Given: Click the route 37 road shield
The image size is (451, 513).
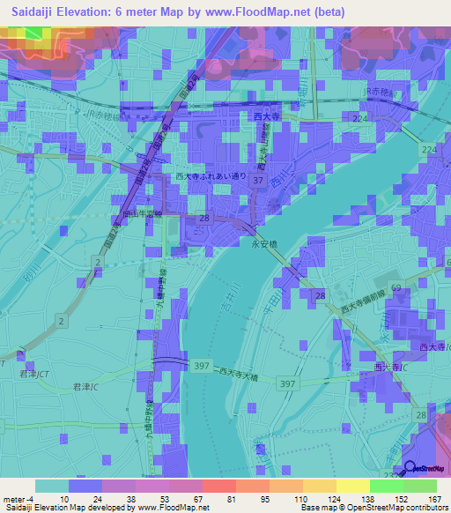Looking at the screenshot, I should tap(258, 181).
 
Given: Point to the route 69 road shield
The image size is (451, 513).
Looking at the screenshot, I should tap(396, 288).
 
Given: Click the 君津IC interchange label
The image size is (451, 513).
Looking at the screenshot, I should tap(85, 387).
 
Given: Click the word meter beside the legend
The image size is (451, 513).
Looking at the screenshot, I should tap(13, 499).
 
